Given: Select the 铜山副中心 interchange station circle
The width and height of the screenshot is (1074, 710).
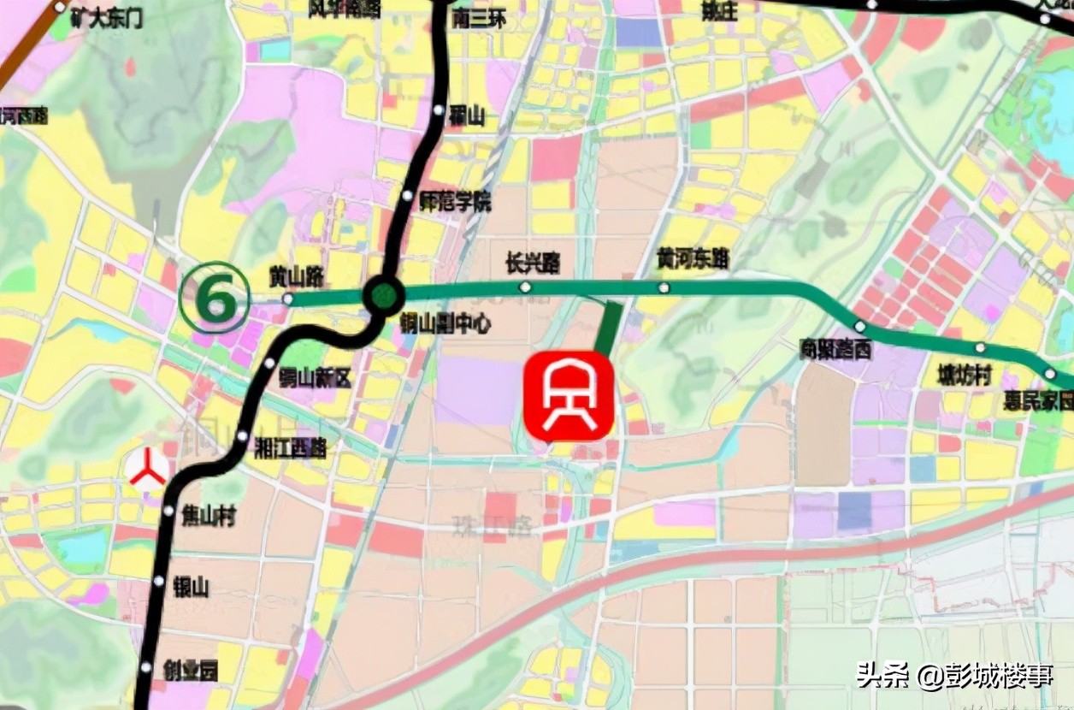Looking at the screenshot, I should (384, 296).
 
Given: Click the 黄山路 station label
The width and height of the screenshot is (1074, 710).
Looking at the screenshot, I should (296, 275).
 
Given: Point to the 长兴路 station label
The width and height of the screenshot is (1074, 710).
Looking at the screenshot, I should (533, 263).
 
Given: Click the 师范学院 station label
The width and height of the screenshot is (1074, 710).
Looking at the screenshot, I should (456, 203).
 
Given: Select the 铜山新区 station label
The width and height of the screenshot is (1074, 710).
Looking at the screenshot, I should (315, 377).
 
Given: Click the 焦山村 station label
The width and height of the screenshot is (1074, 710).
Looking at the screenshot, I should (208, 516).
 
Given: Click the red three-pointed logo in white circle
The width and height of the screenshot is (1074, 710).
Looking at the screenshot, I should (147, 470).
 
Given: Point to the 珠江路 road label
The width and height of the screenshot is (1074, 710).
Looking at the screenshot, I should (493, 524).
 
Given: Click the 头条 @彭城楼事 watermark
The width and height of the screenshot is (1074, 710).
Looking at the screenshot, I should (954, 675).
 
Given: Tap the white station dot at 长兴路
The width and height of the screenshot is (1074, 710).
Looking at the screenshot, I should (526, 287).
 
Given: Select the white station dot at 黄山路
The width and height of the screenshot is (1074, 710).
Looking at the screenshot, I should (288, 299).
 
